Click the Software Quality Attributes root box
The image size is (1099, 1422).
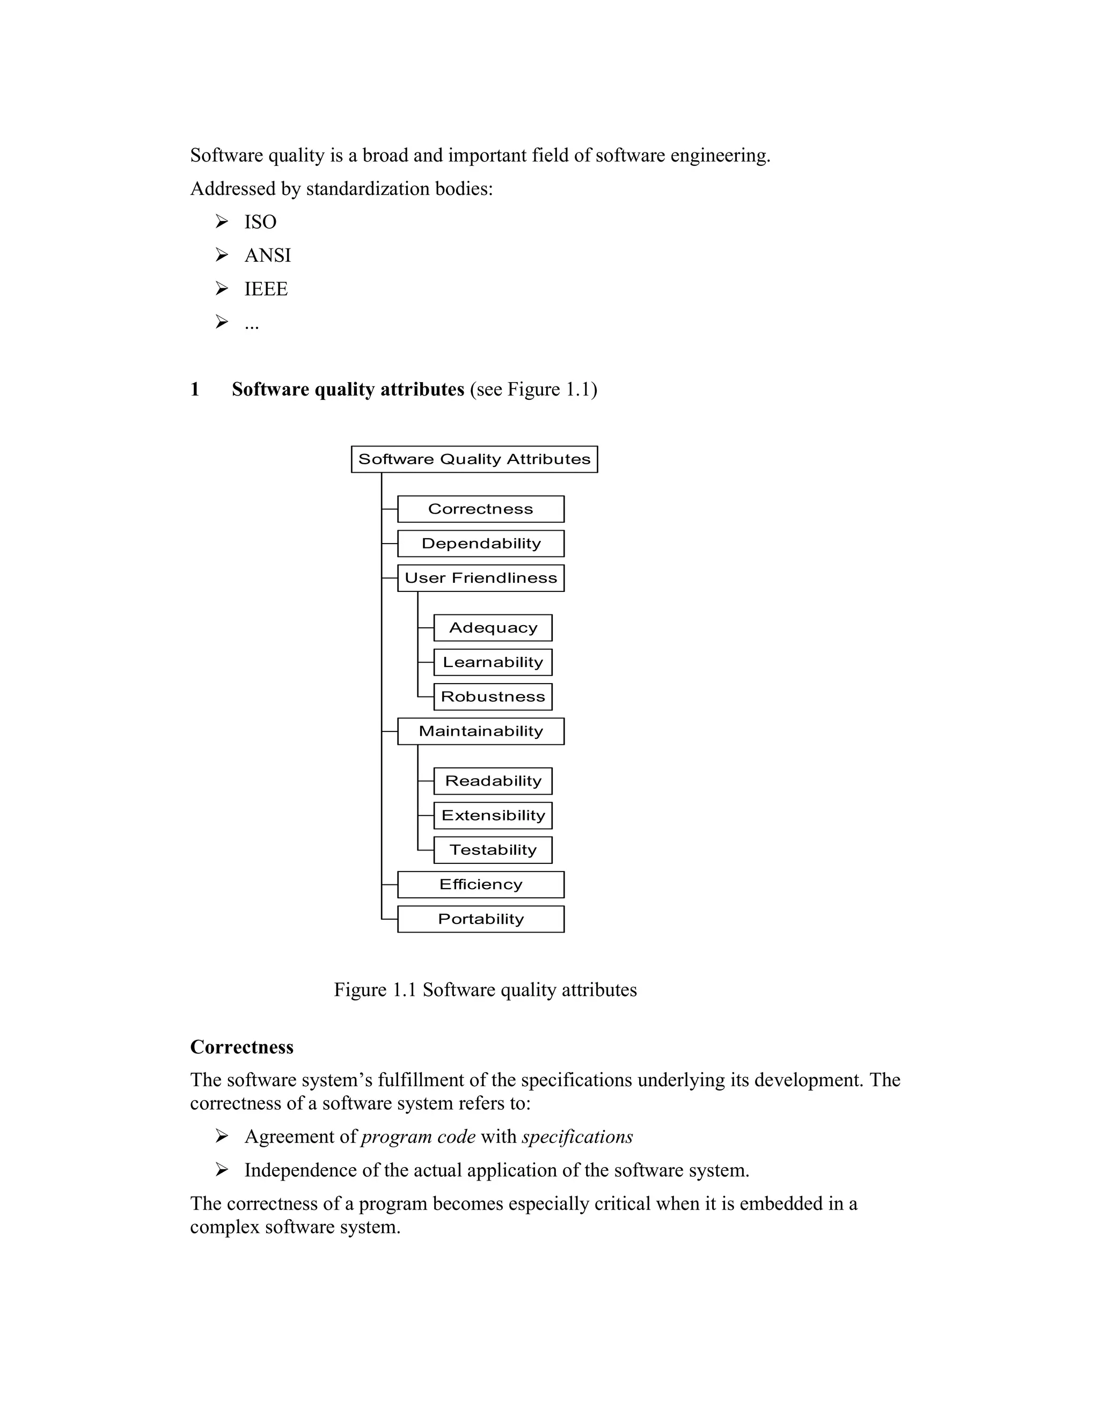pyautogui.click(x=474, y=459)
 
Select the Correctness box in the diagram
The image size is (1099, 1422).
pyautogui.click(x=480, y=509)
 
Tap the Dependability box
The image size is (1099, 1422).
pyautogui.click(x=480, y=544)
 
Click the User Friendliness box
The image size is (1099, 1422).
pyautogui.click(x=480, y=578)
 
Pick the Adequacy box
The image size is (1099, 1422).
pyautogui.click(x=493, y=628)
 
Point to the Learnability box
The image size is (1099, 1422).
pyautogui.click(x=493, y=662)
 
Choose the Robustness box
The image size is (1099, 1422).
pyautogui.click(x=493, y=697)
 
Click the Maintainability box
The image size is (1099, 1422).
pyautogui.click(x=480, y=731)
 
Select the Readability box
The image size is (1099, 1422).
pyautogui.click(x=493, y=781)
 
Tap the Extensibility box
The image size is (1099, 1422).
pyautogui.click(x=493, y=815)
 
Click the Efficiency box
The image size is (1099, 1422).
pyautogui.click(x=480, y=884)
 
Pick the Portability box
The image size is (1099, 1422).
pyautogui.click(x=480, y=919)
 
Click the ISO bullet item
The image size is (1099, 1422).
pyautogui.click(x=260, y=222)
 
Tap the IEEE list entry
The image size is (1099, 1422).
pyautogui.click(x=266, y=289)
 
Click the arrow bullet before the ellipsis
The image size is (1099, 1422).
pyautogui.click(x=222, y=321)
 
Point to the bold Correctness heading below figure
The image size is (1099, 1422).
pyautogui.click(x=241, y=1046)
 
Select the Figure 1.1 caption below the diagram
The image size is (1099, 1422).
pyautogui.click(x=485, y=989)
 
